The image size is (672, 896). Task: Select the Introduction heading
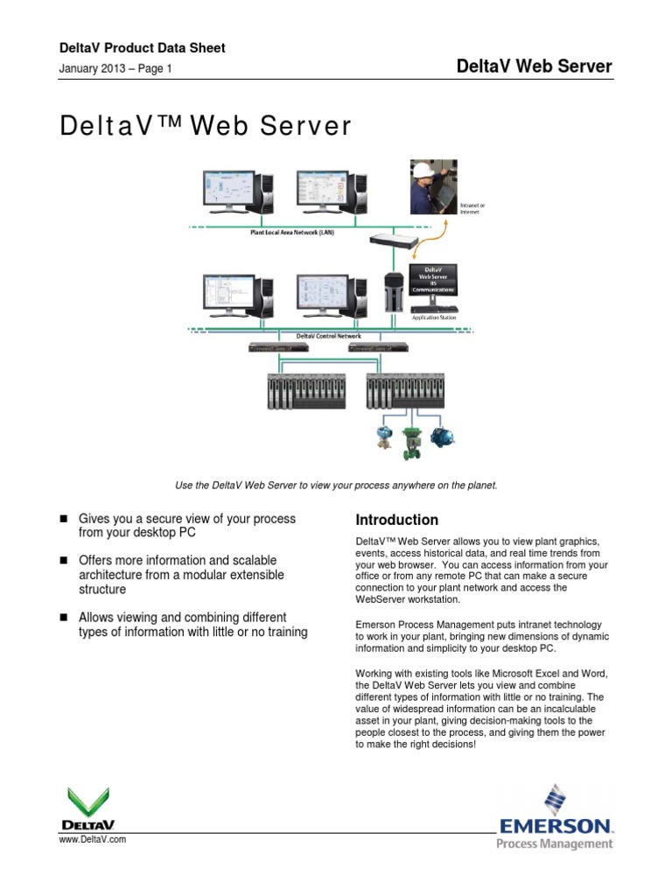tap(397, 520)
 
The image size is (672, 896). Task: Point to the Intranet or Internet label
tap(472, 208)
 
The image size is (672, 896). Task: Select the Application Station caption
tap(435, 318)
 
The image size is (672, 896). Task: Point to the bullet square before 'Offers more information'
tap(63, 560)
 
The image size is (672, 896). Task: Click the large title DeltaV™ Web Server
tap(206, 127)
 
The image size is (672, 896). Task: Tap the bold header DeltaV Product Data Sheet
tap(142, 48)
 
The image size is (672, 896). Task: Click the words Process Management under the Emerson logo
tap(555, 843)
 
